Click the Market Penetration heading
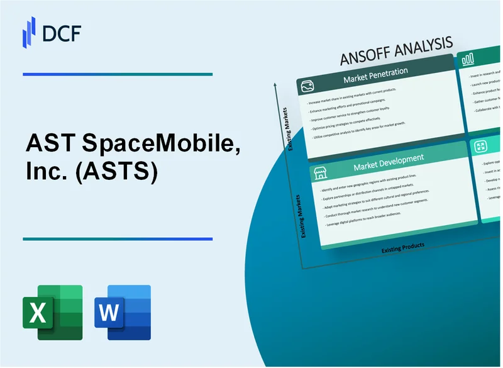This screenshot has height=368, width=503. coord(375,72)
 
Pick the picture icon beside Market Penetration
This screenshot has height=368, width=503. coord(307,86)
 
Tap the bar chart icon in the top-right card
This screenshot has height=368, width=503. coord(468,60)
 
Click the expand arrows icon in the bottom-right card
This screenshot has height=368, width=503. coord(482,146)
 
